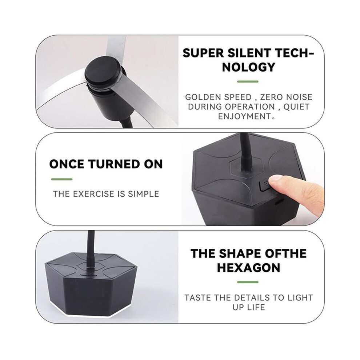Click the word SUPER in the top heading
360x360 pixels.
click(203, 53)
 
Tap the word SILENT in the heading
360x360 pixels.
click(249, 53)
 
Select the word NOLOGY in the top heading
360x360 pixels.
click(248, 67)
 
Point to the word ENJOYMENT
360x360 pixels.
click(245, 116)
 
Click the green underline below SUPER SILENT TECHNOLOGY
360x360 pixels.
click(248, 81)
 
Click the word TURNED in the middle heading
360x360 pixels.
click(114, 164)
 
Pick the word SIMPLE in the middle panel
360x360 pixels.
click(144, 194)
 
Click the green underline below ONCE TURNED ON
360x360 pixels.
click(61, 179)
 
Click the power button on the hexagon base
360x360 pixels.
click(265, 185)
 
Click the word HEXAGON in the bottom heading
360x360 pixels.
click(249, 268)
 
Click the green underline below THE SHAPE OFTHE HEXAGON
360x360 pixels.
click(248, 282)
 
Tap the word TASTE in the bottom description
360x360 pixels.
click(197, 298)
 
